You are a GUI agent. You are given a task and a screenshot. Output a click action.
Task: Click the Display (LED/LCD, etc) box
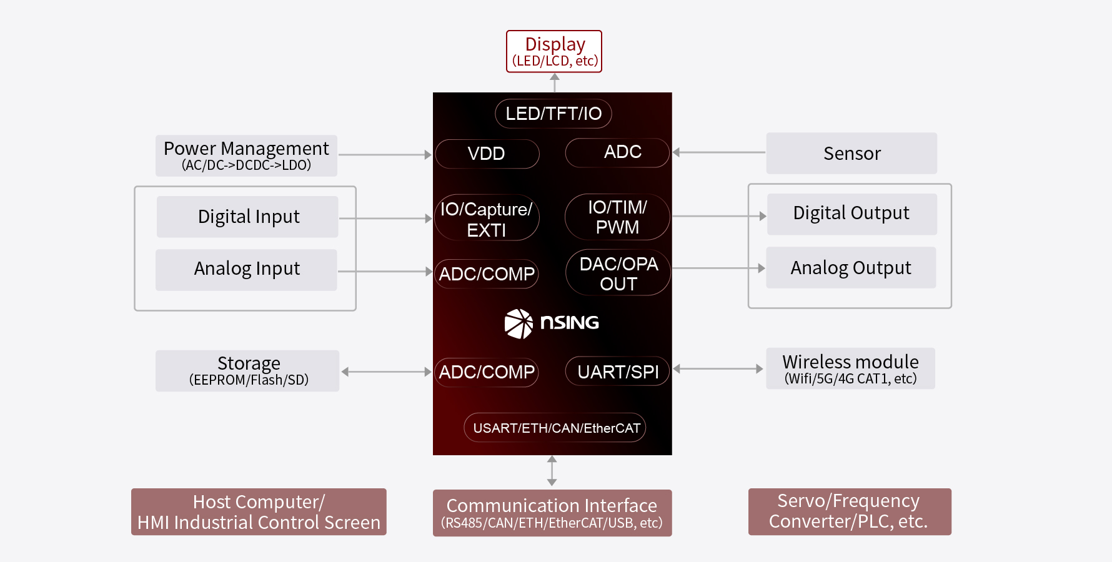(554, 52)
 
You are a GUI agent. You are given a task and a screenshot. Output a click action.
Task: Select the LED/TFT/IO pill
(554, 114)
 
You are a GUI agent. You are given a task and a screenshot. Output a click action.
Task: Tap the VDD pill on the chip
(487, 154)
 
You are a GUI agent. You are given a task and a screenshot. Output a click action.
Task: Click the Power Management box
(246, 155)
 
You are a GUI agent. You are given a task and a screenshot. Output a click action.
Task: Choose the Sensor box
(851, 153)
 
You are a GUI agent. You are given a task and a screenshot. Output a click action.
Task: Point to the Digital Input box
(247, 217)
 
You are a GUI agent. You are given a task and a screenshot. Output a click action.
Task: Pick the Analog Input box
(246, 269)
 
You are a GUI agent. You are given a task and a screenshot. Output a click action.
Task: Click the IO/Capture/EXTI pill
(487, 219)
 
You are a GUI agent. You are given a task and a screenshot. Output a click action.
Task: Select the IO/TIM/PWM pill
(617, 217)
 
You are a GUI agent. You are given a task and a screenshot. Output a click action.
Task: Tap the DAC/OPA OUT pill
(618, 274)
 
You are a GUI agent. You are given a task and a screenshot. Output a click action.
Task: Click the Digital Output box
(851, 214)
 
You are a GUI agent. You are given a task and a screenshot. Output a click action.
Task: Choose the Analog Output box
(851, 268)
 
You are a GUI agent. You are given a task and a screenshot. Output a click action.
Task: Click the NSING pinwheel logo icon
(519, 323)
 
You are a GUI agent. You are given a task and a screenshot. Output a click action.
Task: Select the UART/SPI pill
(618, 372)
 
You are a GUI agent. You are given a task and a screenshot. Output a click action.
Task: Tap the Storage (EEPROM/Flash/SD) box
(247, 371)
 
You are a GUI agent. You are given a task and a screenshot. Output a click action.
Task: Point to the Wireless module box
(850, 369)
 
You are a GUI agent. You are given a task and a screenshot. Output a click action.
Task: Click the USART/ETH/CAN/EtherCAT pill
(555, 428)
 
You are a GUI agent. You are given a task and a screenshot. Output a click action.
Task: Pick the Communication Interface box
(552, 513)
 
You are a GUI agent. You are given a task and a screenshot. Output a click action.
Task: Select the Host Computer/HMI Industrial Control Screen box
(259, 512)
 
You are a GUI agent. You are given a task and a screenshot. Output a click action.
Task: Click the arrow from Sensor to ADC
(718, 152)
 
